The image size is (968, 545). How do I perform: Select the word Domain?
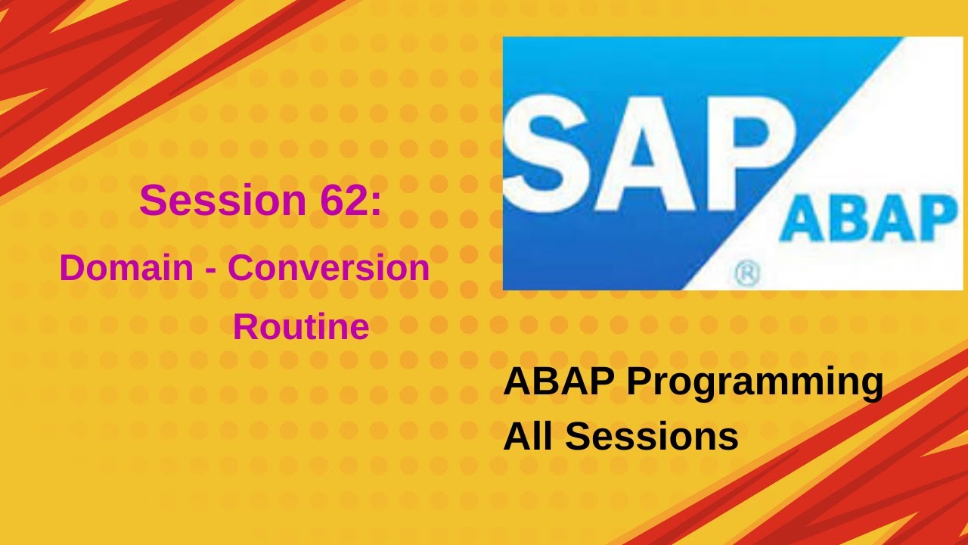tap(126, 268)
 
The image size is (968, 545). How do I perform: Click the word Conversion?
tap(329, 268)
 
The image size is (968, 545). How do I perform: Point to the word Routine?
tap(301, 327)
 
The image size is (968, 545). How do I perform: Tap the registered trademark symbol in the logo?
tap(746, 275)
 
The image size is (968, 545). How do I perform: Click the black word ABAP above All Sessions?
tap(559, 382)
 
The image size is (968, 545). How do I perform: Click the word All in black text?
tap(529, 437)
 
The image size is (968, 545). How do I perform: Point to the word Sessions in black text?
tap(652, 437)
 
